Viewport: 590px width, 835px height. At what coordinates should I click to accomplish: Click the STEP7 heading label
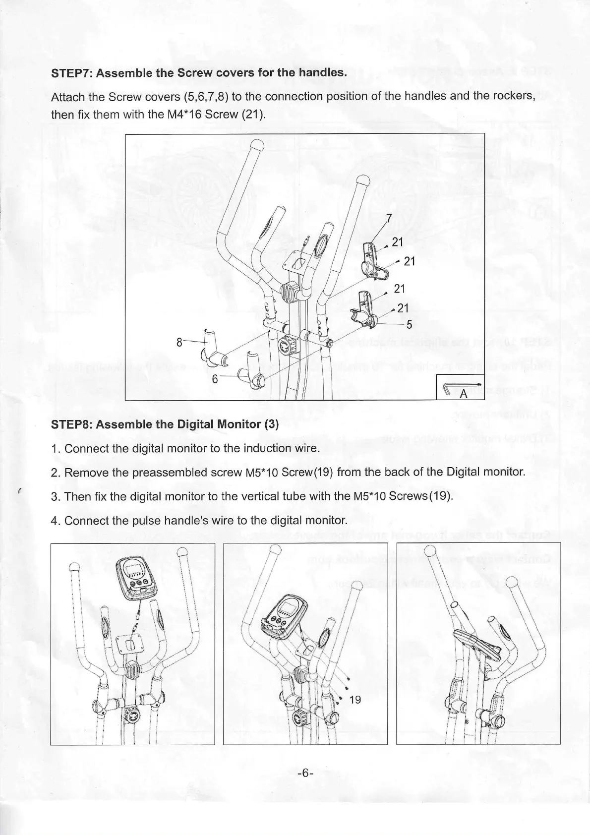pyautogui.click(x=198, y=73)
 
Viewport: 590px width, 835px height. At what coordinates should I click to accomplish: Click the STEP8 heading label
pyautogui.click(x=165, y=425)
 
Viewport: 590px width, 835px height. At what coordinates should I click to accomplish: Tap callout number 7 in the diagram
pyautogui.click(x=389, y=218)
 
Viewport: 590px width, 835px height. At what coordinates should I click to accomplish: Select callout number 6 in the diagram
pyautogui.click(x=215, y=378)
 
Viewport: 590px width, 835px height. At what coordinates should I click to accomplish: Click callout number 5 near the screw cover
pyautogui.click(x=410, y=325)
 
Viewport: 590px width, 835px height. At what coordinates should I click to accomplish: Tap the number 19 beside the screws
pyautogui.click(x=355, y=700)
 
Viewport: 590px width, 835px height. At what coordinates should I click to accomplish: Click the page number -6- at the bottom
pyautogui.click(x=303, y=773)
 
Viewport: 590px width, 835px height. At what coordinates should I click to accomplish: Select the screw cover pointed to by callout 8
pyautogui.click(x=212, y=348)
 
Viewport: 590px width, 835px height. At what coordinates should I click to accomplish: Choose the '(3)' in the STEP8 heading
pyautogui.click(x=272, y=425)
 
